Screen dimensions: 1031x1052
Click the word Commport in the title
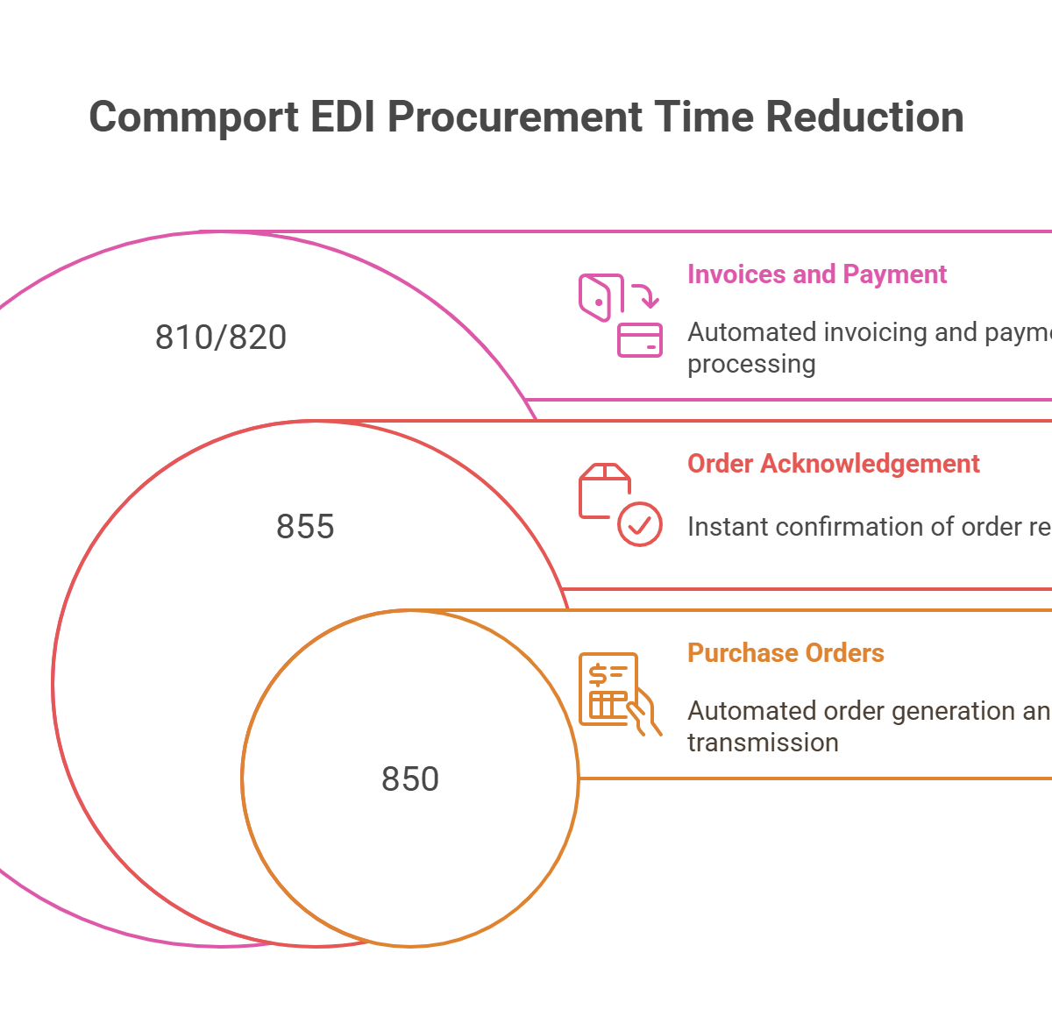tap(194, 117)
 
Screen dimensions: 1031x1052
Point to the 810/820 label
tap(221, 338)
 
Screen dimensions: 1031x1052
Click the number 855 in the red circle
tap(305, 527)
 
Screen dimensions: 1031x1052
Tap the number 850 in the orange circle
tap(410, 779)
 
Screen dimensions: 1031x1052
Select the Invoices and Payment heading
tap(817, 274)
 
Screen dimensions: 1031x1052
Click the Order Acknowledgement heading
tap(833, 464)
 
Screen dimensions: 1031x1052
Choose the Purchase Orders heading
tap(785, 653)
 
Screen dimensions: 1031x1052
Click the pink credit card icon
tap(640, 340)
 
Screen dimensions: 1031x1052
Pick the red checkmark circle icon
tap(640, 524)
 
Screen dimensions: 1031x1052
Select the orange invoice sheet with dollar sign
tap(607, 686)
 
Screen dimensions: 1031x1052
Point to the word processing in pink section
tap(751, 364)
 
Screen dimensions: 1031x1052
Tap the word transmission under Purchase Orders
tap(763, 743)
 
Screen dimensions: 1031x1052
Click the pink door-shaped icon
tap(601, 298)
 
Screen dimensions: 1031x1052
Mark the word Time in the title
tap(693, 117)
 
